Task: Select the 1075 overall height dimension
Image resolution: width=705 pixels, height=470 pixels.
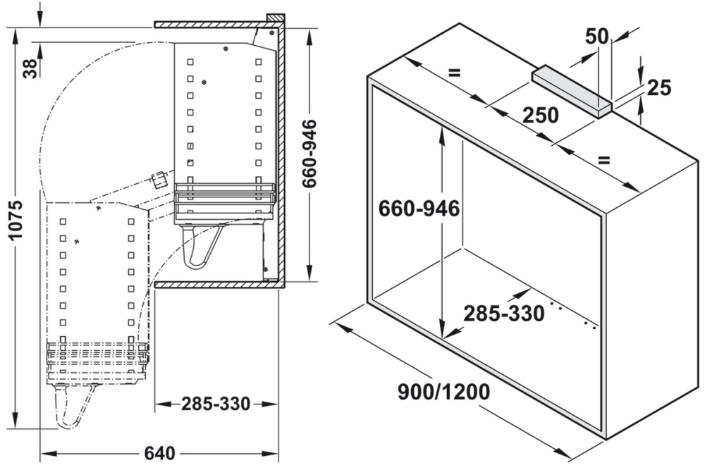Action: point(16,219)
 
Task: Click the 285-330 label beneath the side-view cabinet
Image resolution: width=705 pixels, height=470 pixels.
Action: point(216,404)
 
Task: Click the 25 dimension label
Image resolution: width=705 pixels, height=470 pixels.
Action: point(658,87)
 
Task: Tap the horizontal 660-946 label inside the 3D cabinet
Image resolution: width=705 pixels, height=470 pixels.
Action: point(419,209)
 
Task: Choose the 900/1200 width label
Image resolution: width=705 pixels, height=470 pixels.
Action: point(443,392)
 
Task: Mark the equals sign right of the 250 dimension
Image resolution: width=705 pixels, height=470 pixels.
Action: point(603,159)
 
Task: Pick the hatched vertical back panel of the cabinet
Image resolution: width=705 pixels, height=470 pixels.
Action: point(280,155)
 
